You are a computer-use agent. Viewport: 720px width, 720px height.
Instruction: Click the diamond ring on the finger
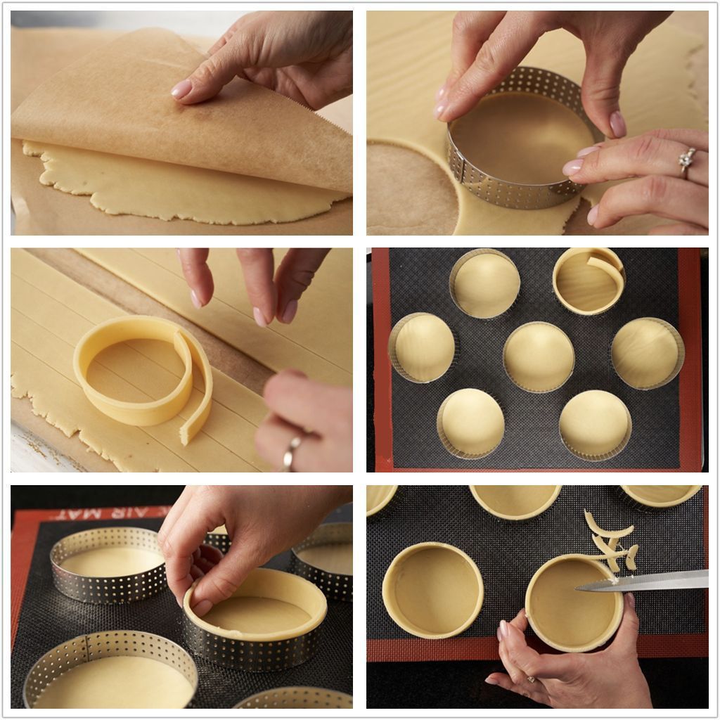click(686, 161)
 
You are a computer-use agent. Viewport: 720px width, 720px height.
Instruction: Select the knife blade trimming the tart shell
click(654, 581)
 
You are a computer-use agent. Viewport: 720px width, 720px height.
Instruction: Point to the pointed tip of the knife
click(579, 589)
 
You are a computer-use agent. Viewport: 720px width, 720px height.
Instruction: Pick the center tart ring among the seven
click(539, 356)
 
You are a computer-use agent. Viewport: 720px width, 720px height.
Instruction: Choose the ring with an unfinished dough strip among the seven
click(589, 281)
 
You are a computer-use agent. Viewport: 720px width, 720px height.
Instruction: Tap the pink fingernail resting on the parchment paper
click(181, 89)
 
